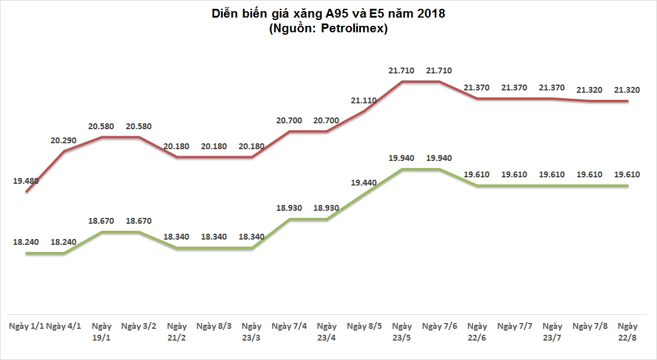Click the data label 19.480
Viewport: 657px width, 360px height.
pos(26,181)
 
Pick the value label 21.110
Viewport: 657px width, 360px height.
pos(364,100)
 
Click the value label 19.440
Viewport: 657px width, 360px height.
pos(364,183)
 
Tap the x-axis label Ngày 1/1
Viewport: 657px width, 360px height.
pos(26,326)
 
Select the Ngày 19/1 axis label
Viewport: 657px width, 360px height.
pos(102,331)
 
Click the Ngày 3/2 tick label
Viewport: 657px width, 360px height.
pos(139,326)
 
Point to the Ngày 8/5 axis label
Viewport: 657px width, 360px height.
pos(364,326)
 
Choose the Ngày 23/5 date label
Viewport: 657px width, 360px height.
pos(402,331)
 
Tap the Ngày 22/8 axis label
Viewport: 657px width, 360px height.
pos(628,331)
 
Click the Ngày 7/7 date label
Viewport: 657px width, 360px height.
pos(515,326)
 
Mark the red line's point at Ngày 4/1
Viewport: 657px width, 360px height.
pos(64,152)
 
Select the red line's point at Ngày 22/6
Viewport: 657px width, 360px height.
pos(477,99)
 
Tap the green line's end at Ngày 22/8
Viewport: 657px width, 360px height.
pos(628,186)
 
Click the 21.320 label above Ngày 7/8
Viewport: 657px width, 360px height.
pos(590,90)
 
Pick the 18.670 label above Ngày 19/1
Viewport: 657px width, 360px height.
pos(102,221)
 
